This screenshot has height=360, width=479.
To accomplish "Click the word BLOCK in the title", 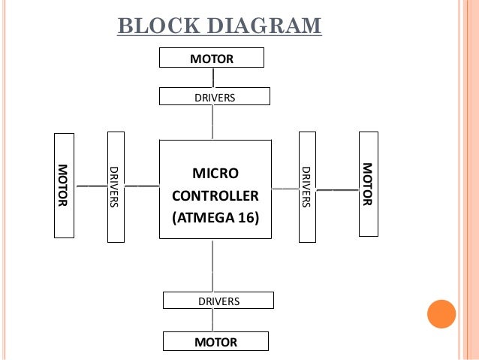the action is tap(158, 26).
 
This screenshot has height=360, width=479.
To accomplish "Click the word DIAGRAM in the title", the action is tap(264, 26).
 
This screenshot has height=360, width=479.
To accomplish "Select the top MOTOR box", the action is tap(212, 58).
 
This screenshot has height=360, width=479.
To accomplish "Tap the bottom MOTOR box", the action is tap(215, 341).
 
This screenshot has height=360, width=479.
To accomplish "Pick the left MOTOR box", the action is tap(64, 186).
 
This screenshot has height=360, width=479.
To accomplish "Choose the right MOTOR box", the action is tap(369, 184).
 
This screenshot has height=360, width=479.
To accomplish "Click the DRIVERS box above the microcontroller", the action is tap(215, 96).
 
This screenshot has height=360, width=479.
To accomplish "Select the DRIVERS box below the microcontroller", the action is tap(218, 301).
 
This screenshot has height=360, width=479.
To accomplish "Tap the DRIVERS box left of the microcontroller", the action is tap(116, 187).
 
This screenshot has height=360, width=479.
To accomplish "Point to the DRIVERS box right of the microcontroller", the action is tap(307, 187).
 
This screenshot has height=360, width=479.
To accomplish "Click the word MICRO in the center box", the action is tap(215, 174).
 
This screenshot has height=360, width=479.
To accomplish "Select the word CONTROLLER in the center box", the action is tap(215, 195).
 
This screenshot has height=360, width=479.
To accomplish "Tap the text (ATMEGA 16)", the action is tap(215, 218).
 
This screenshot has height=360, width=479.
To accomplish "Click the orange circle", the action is tap(441, 314).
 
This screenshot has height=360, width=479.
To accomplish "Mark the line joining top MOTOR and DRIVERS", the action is tap(213, 77).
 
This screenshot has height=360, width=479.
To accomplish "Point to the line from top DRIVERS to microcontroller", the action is tap(213, 123).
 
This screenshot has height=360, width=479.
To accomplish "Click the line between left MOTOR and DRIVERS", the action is tap(91, 186).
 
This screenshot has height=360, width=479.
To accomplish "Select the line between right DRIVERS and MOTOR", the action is tap(338, 190).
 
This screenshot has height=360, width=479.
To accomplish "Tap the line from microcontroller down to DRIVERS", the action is tap(213, 265).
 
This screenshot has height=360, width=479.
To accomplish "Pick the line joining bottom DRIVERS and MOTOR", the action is tap(213, 320).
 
